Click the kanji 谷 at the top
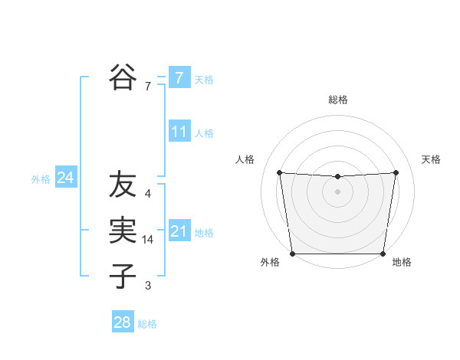pyautogui.click(x=122, y=77)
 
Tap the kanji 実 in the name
pyautogui.click(x=122, y=231)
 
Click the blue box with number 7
pyautogui.click(x=179, y=77)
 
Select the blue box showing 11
pyautogui.click(x=179, y=131)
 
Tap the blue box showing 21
pyautogui.click(x=179, y=231)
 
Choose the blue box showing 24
pyautogui.click(x=65, y=178)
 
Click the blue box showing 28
pyautogui.click(x=122, y=322)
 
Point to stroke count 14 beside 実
pyautogui.click(x=148, y=240)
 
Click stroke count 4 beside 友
pyautogui.click(x=148, y=194)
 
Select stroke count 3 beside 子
pyautogui.click(x=148, y=286)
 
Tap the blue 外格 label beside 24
pyautogui.click(x=41, y=179)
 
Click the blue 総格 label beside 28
pyautogui.click(x=147, y=324)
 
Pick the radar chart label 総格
pyautogui.click(x=337, y=100)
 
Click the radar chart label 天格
pyautogui.click(x=431, y=159)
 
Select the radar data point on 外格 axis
pyautogui.click(x=292, y=254)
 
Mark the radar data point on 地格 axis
pyautogui.click(x=383, y=254)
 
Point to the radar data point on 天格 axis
pyautogui.click(x=396, y=172)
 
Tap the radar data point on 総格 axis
pyautogui.click(x=337, y=177)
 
